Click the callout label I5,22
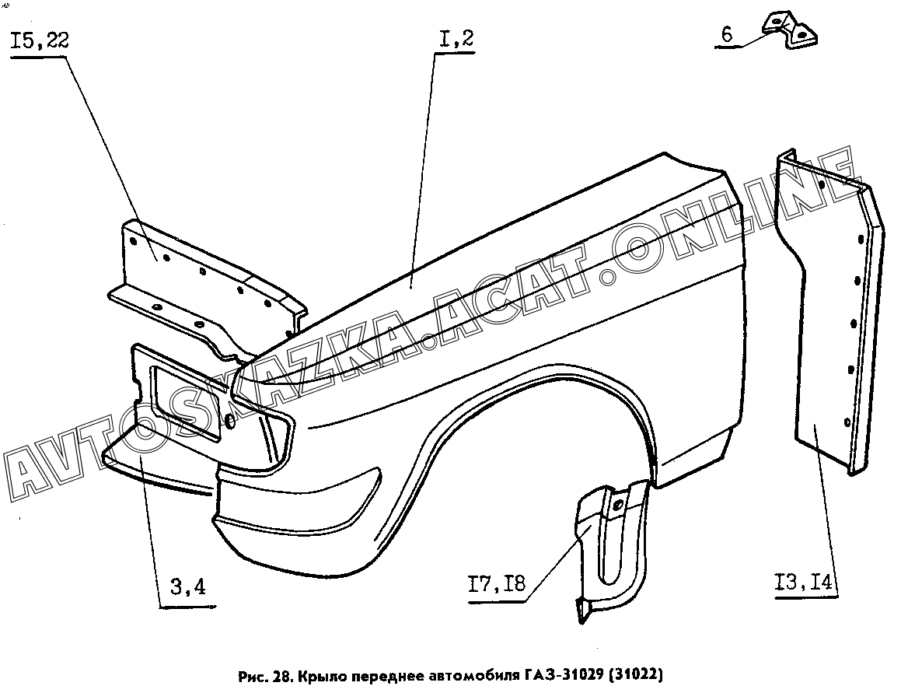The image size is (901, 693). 40,41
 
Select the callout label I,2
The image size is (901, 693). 456,39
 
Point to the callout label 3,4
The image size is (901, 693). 188,587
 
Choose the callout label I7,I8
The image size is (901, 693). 497,584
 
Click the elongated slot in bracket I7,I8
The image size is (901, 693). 609,546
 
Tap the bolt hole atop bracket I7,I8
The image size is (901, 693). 618,506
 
